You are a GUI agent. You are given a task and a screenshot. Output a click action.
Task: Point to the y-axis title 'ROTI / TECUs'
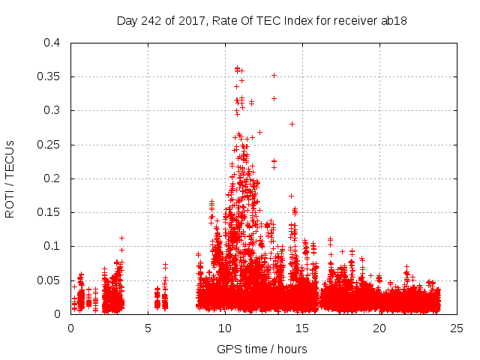pos(10,178)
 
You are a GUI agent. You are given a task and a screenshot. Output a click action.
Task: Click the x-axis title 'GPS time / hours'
pos(262,349)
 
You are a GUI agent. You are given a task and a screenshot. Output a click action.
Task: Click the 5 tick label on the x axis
pos(148,328)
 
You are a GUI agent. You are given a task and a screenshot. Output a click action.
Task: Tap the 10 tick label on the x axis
pos(225,328)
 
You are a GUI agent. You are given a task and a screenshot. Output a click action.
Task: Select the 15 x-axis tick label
pos(302,328)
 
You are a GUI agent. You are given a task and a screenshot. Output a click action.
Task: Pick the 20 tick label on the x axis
pos(379,328)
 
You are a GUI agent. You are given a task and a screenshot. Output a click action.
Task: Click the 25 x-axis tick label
pos(457,328)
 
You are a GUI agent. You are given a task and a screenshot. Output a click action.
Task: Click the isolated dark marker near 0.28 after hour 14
pos(292,124)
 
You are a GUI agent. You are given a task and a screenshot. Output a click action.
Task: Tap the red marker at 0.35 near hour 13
pos(274,75)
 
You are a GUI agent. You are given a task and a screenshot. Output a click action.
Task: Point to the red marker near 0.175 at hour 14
pos(291,196)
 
